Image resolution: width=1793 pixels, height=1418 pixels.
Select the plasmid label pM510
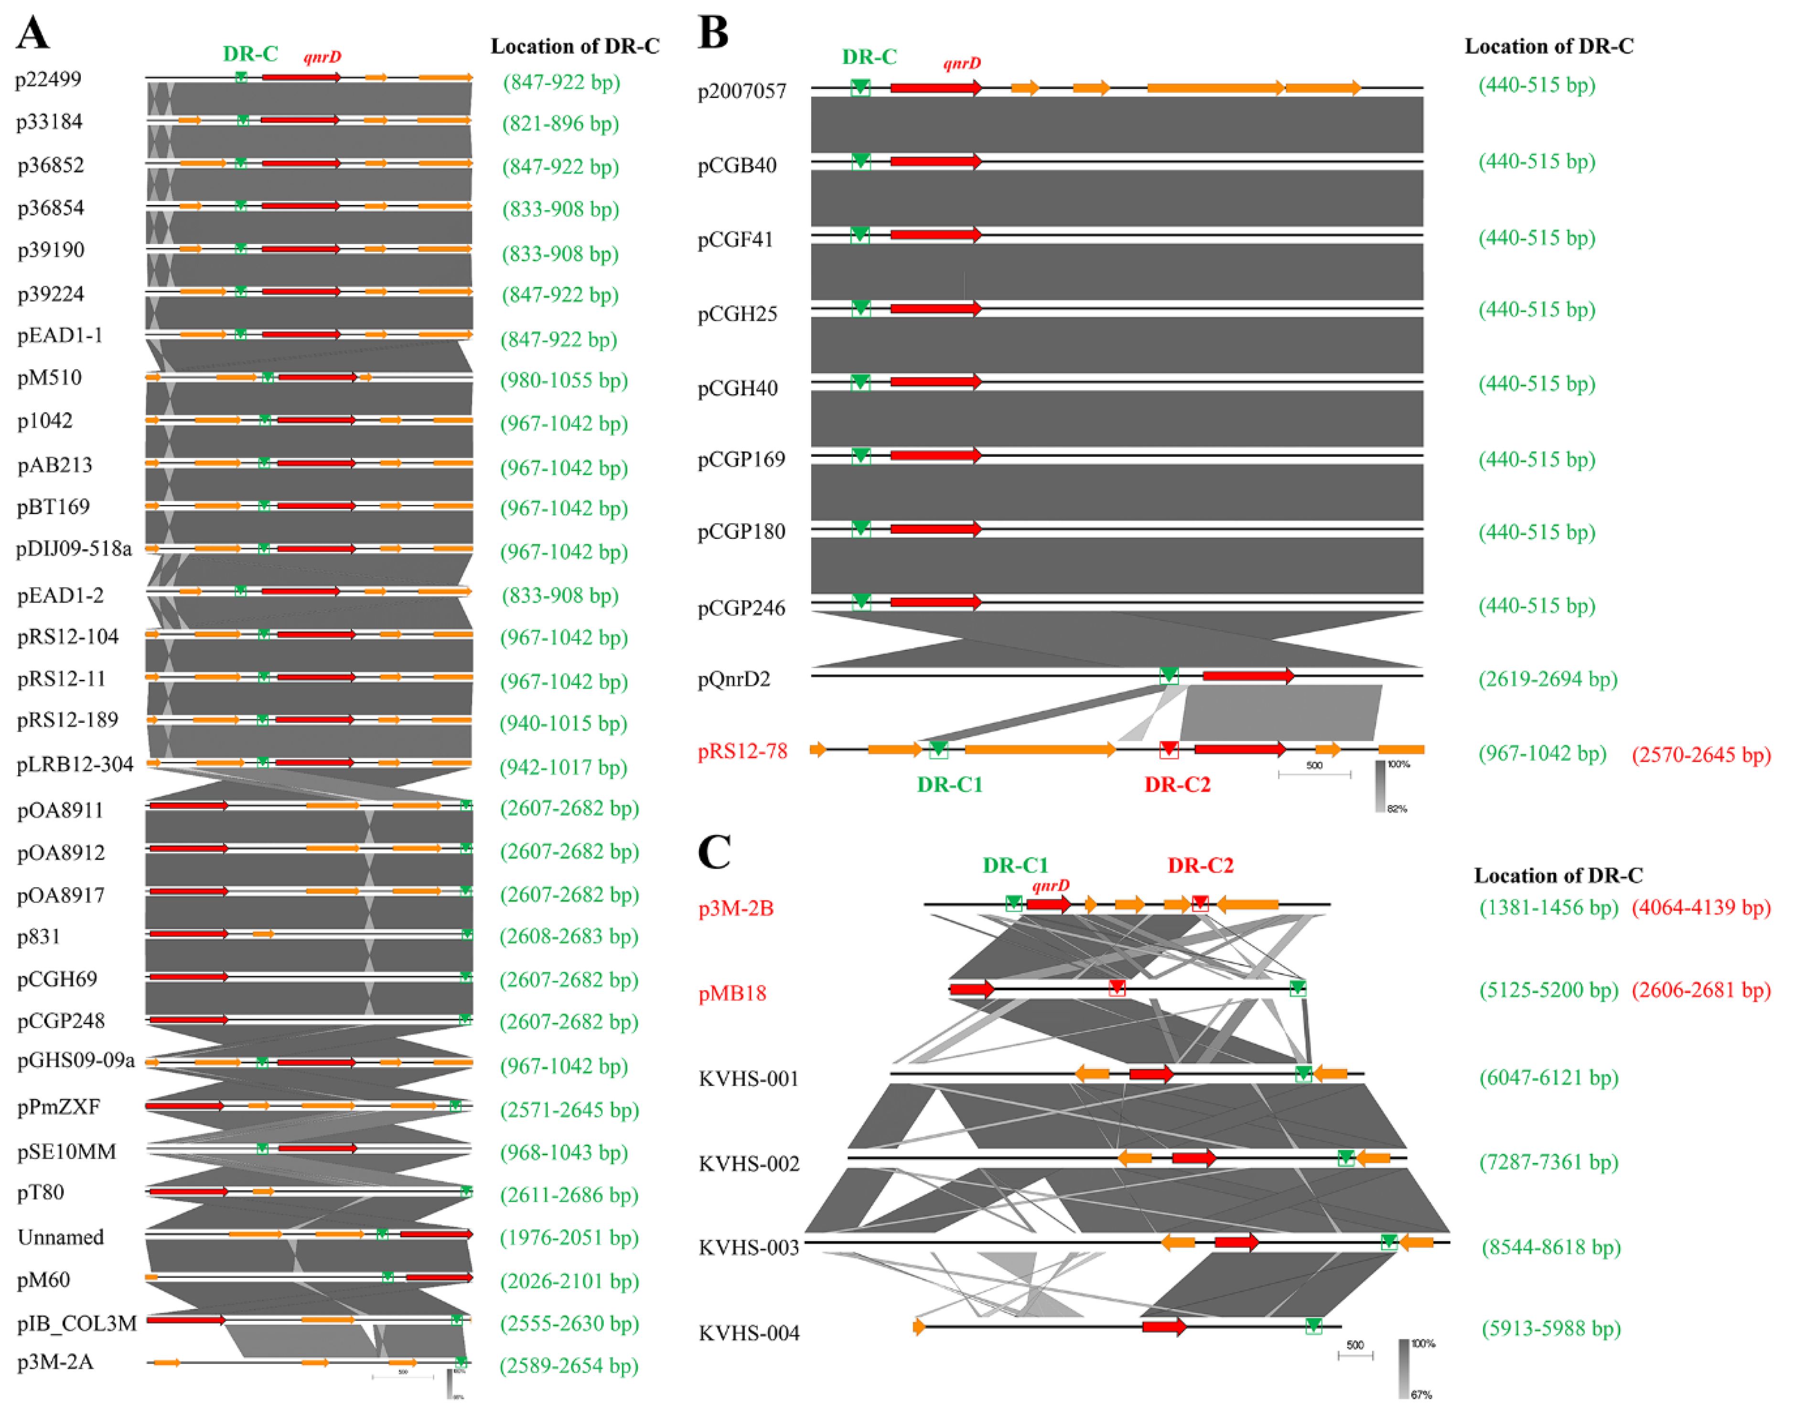50,378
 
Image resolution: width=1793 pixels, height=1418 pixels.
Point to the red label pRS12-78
742,752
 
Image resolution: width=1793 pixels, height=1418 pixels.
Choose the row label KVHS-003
749,1248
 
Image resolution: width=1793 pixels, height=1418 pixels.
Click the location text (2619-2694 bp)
1547,679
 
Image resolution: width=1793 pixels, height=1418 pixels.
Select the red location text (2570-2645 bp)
1701,755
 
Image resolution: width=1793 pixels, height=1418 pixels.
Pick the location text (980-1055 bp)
564,380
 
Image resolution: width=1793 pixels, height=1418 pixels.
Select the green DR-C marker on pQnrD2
1169,676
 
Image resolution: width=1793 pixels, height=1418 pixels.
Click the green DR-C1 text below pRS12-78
950,784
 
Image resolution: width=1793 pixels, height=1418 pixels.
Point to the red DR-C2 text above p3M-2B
1200,865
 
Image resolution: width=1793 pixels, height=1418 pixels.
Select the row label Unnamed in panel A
61,1237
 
